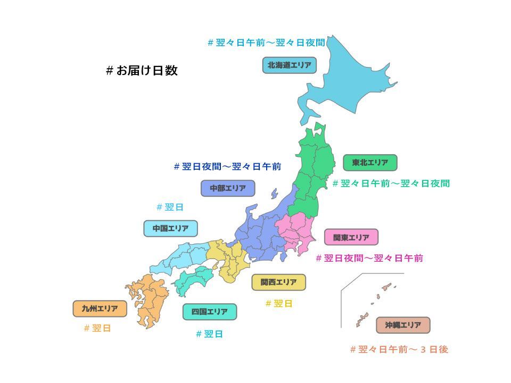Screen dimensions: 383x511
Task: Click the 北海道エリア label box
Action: (289, 65)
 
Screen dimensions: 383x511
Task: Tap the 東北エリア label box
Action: (370, 162)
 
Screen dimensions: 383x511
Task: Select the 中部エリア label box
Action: (228, 188)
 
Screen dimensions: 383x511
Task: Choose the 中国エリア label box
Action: (170, 229)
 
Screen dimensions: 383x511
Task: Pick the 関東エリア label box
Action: (351, 237)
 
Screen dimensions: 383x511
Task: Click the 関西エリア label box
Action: (278, 282)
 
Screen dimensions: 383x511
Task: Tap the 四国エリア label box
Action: (210, 312)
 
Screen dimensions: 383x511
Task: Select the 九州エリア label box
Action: (100, 309)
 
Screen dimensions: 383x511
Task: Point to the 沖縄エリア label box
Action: (403, 325)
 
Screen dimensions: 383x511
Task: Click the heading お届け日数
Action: (142, 71)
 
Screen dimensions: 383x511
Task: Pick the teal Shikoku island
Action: (194, 279)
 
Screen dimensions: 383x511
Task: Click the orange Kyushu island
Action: (149, 298)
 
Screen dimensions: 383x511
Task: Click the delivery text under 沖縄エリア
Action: (399, 349)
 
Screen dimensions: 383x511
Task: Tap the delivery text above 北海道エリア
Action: (266, 43)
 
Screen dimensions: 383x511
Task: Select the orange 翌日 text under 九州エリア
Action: (97, 328)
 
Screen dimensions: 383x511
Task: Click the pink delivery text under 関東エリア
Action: (369, 259)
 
